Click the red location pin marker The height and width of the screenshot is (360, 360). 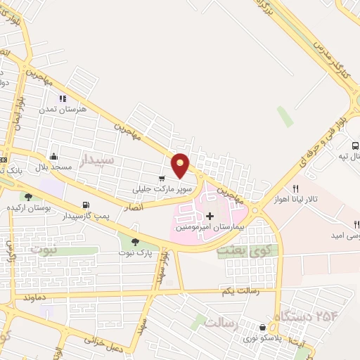pos(181,165)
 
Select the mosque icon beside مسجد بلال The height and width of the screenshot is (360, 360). pos(53,157)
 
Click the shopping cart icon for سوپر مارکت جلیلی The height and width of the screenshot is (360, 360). pos(162,179)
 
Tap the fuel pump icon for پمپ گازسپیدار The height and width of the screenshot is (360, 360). pos(86,205)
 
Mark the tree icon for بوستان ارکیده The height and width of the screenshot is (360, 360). pos(28,197)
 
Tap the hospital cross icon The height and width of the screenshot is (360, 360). pos(209,214)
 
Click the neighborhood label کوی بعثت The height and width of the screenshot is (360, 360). pos(242,250)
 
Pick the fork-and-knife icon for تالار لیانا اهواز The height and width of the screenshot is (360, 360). pos(296,188)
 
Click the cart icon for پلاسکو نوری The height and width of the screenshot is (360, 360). pos(263,327)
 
